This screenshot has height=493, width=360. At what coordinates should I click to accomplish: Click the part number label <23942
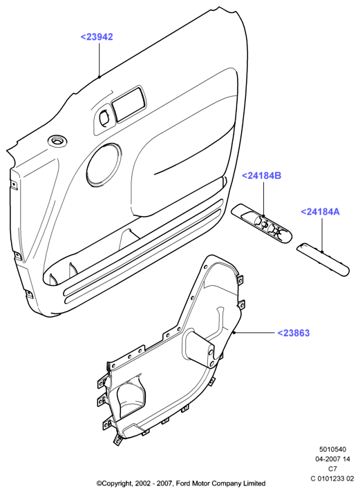[97, 37]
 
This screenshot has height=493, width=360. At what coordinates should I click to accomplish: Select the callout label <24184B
[261, 175]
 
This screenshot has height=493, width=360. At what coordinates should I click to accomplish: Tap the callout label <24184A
[321, 211]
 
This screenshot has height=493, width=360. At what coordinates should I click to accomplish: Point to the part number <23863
[293, 333]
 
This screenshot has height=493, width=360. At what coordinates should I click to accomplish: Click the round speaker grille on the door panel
[104, 164]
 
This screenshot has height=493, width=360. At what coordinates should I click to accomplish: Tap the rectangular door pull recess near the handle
[129, 103]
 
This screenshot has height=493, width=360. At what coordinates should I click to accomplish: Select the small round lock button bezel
[57, 141]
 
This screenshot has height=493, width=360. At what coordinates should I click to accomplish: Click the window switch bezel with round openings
[261, 224]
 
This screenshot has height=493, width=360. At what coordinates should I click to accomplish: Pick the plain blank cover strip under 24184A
[323, 259]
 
